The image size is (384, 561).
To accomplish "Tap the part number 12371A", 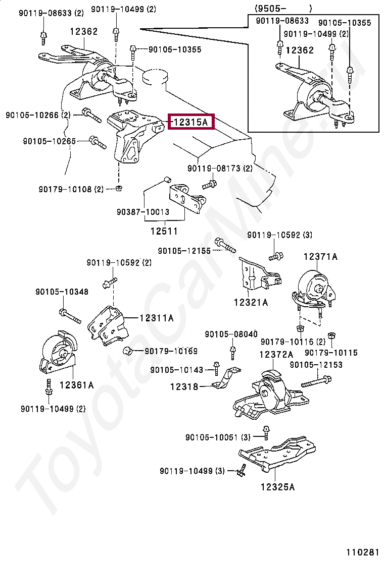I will pos(320,257).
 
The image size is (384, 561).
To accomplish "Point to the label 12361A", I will pos(76,385).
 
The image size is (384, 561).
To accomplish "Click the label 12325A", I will pos(277,487).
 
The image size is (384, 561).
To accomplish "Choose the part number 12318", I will pos(183,386).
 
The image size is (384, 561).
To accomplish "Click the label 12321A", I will pos(251,302).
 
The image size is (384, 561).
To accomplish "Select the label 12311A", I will pos(156,318).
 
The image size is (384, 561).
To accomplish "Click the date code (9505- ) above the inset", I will pos(283,8).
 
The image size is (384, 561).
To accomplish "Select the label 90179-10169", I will pos(171,351).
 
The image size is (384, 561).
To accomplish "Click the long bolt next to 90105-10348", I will pos(70,316).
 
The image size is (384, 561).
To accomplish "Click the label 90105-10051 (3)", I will pos(218,437).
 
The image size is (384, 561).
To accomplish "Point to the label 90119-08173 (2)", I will pos(220,168).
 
